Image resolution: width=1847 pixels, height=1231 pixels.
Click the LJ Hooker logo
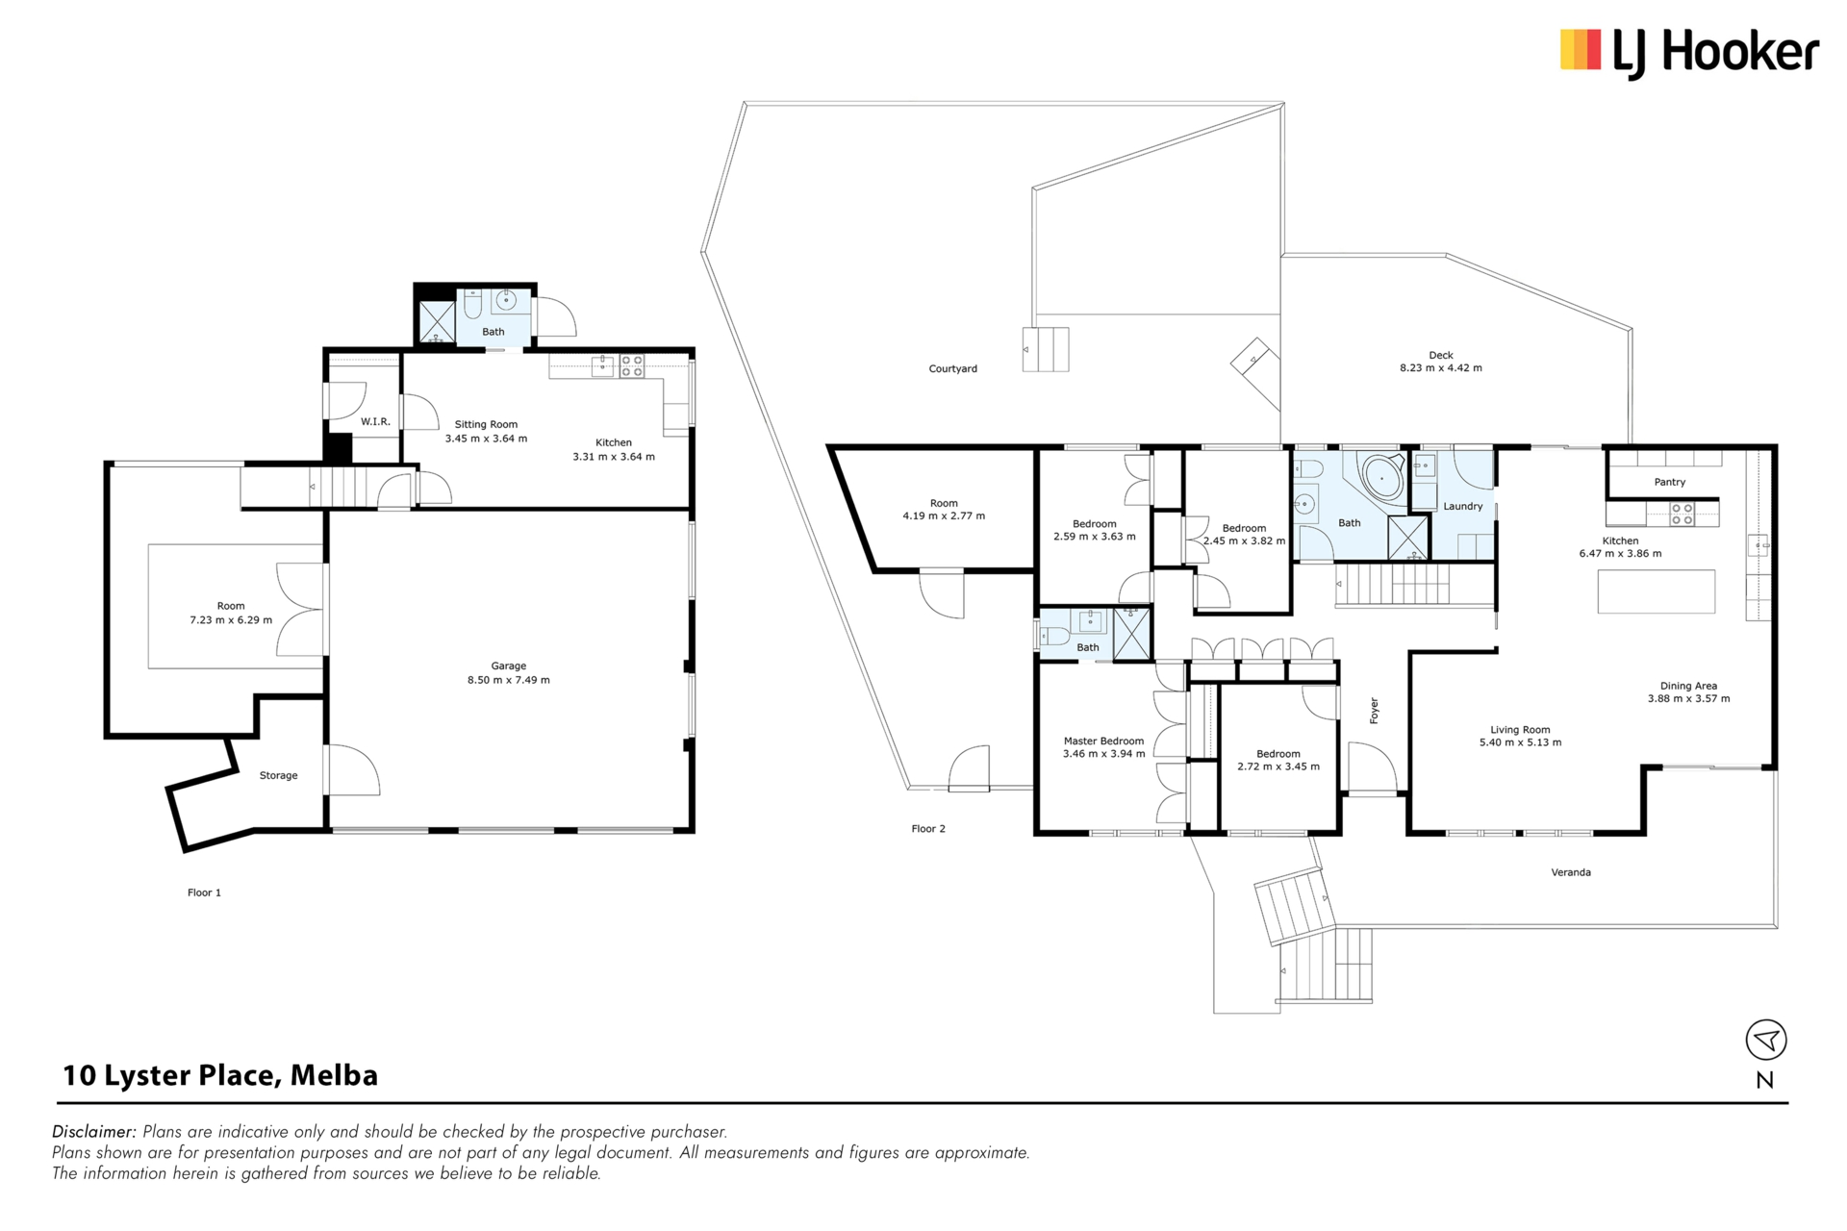pyautogui.click(x=1689, y=52)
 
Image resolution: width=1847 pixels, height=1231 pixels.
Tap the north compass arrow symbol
pyautogui.click(x=1766, y=1040)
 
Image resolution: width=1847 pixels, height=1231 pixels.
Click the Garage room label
pyautogui.click(x=509, y=666)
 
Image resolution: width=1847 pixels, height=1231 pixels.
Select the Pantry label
pyautogui.click(x=1670, y=482)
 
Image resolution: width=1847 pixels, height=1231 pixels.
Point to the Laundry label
pyautogui.click(x=1463, y=506)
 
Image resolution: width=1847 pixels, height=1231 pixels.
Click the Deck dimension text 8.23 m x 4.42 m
pyautogui.click(x=1441, y=367)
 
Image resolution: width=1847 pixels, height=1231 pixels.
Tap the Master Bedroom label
pyautogui.click(x=1104, y=741)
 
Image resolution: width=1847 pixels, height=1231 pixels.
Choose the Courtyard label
pyautogui.click(x=953, y=368)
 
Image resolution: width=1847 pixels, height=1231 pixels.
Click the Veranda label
pyautogui.click(x=1571, y=872)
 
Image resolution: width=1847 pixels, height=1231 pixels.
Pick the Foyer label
pyautogui.click(x=1374, y=711)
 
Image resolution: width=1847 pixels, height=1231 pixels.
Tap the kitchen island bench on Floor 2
pyautogui.click(x=1657, y=591)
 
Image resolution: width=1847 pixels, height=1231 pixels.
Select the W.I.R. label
pyautogui.click(x=375, y=421)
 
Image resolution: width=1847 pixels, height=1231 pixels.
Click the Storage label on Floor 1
pyautogui.click(x=279, y=775)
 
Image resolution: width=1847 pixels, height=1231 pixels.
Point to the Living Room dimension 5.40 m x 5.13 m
pyautogui.click(x=1521, y=742)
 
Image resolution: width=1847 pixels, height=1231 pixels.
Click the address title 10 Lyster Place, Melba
pyautogui.click(x=220, y=1075)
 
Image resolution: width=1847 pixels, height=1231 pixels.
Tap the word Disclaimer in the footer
pyautogui.click(x=93, y=1132)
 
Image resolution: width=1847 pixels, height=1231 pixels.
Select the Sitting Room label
pyautogui.click(x=486, y=424)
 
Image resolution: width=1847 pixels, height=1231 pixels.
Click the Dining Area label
pyautogui.click(x=1689, y=686)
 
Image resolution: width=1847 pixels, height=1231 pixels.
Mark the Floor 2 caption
pyautogui.click(x=928, y=828)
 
